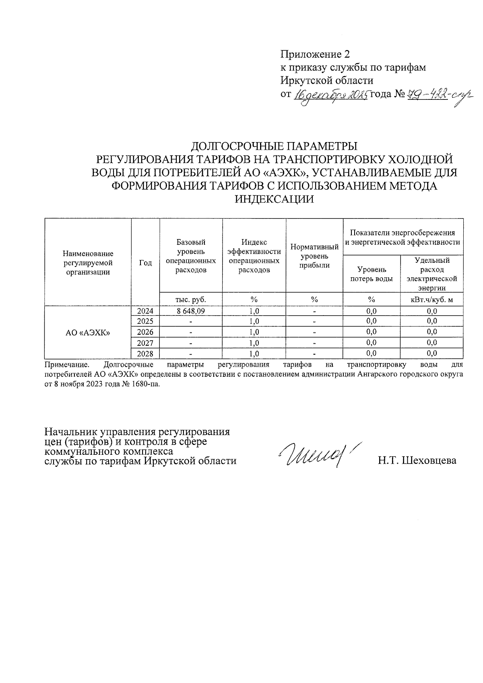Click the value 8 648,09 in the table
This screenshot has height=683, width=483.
191,311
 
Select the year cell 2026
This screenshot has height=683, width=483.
145,332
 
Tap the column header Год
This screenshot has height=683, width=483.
145,262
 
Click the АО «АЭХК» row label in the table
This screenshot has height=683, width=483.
88,332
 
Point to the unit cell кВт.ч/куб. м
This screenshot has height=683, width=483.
431,299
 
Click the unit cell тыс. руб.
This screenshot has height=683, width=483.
191,299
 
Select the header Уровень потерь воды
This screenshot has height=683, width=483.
371,274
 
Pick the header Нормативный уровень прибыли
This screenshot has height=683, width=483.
314,256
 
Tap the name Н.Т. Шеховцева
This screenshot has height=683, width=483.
417,461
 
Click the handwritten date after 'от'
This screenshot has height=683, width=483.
331,95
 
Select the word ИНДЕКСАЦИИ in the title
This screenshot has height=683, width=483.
274,199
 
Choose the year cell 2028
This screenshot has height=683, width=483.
145,354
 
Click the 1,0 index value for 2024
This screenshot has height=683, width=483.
254,311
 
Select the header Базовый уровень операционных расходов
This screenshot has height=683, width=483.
191,256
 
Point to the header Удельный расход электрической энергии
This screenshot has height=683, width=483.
431,274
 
